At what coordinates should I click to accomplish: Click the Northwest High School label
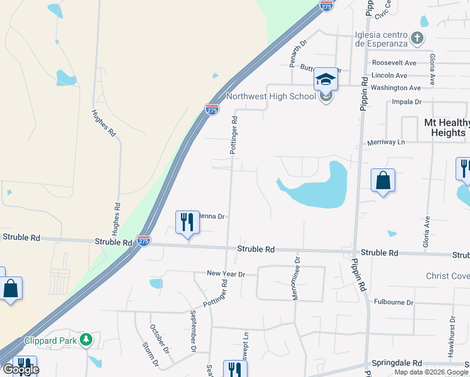270,96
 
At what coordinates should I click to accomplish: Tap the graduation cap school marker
325,80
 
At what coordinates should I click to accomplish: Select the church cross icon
417,40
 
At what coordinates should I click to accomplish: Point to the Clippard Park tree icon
86,341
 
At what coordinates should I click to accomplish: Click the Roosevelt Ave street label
394,63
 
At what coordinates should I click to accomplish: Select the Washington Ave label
395,88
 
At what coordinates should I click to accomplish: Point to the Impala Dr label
405,101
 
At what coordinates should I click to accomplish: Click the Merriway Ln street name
386,143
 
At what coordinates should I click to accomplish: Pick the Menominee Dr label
297,277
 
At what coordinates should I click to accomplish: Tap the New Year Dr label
226,274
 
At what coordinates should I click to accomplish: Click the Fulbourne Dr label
393,302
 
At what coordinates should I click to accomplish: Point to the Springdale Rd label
396,363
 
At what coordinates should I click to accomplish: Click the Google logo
20,369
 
